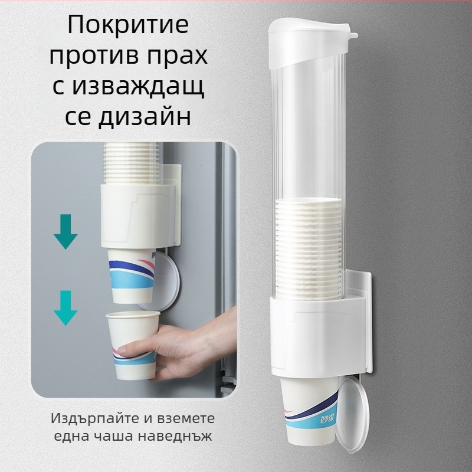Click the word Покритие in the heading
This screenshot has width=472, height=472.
[128, 25]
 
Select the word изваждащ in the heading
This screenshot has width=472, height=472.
[139, 87]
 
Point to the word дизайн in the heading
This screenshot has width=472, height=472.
[145, 117]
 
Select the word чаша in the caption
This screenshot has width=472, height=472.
[112, 435]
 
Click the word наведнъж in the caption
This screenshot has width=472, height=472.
[175, 435]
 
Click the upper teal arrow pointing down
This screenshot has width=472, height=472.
[65, 231]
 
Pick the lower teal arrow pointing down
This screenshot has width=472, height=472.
[65, 307]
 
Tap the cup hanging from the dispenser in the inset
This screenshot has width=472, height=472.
[132, 276]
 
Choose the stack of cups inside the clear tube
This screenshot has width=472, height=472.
[309, 248]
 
